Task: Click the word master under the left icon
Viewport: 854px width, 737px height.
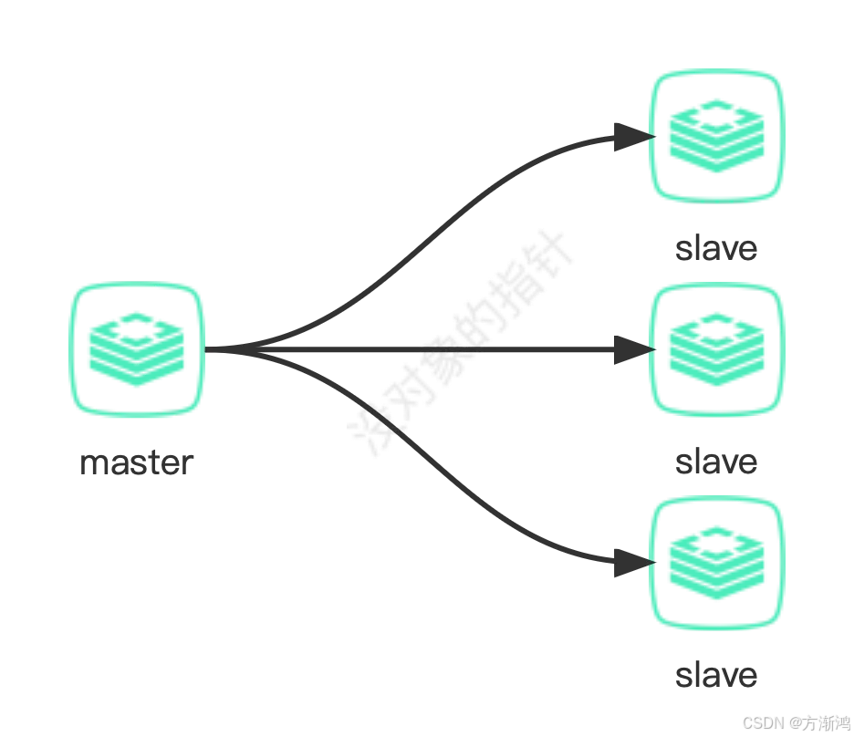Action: pos(137,462)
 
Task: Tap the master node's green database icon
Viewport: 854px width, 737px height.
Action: pos(137,349)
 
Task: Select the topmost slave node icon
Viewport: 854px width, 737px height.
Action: pos(717,136)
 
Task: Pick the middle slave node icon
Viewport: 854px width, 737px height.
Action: pos(717,349)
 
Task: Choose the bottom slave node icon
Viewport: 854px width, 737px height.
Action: pos(717,563)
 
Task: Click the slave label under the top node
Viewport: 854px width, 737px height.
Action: pos(716,248)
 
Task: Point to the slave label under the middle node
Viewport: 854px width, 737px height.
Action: pos(716,462)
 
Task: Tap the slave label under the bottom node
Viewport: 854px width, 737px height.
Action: pos(716,675)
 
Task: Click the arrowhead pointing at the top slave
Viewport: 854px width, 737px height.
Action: pos(631,137)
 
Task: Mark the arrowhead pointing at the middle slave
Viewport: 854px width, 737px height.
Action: pos(631,349)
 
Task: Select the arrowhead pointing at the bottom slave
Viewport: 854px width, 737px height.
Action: pos(631,563)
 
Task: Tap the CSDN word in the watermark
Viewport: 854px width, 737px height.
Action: pos(762,722)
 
